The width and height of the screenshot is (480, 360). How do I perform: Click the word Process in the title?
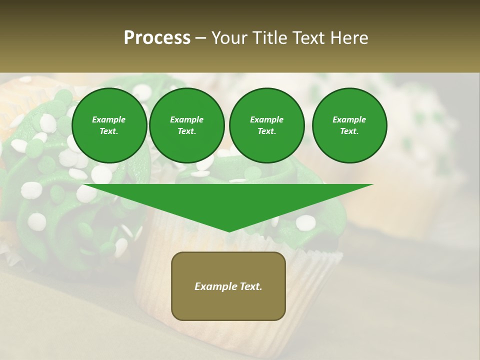pyautogui.click(x=157, y=38)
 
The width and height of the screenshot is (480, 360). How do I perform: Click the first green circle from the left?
pyautogui.click(x=109, y=125)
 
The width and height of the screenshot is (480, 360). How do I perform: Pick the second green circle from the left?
pyautogui.click(x=187, y=125)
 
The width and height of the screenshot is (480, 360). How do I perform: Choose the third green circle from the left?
pyautogui.click(x=266, y=125)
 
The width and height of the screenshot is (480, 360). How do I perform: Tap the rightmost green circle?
pyautogui.click(x=349, y=125)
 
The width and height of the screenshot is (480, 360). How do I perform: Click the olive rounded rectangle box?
pyautogui.click(x=228, y=286)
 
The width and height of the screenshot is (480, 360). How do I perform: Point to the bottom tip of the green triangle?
pyautogui.click(x=229, y=231)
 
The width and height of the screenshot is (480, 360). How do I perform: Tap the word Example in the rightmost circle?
pyautogui.click(x=349, y=119)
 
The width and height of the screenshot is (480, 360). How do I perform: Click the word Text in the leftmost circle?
pyautogui.click(x=109, y=131)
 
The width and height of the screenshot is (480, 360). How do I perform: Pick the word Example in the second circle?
pyautogui.click(x=186, y=119)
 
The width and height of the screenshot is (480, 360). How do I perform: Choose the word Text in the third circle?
pyautogui.click(x=266, y=131)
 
